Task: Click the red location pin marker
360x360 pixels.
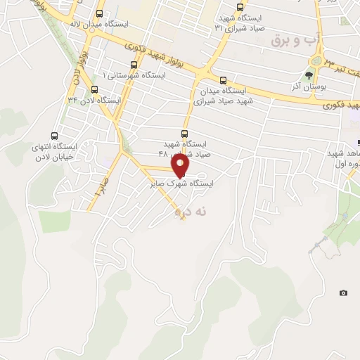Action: [x=181, y=166]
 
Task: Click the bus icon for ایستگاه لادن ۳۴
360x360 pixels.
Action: [x=94, y=89]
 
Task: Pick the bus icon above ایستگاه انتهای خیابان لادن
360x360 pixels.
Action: [x=55, y=136]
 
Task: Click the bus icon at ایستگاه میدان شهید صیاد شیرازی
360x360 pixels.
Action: [x=223, y=80]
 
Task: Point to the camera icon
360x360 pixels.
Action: [x=343, y=292]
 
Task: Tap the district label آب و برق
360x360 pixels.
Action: [x=291, y=41]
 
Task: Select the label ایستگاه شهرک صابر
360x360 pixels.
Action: [x=181, y=184]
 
